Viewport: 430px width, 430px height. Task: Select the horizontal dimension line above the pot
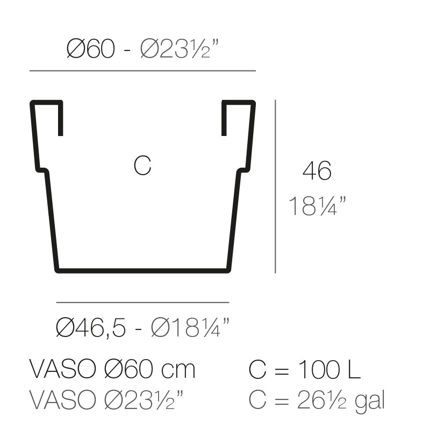tap(142, 70)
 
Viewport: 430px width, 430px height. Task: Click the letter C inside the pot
tap(142, 166)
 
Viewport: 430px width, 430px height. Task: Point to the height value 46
tap(317, 171)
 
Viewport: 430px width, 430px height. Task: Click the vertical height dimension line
tap(275, 186)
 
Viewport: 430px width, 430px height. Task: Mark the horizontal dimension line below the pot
tap(142, 303)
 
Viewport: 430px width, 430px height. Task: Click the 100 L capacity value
tap(327, 370)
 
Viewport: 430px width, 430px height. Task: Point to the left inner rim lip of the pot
tap(60, 118)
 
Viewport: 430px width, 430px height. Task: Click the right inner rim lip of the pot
tap(224, 118)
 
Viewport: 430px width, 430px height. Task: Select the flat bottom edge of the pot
tap(142, 270)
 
